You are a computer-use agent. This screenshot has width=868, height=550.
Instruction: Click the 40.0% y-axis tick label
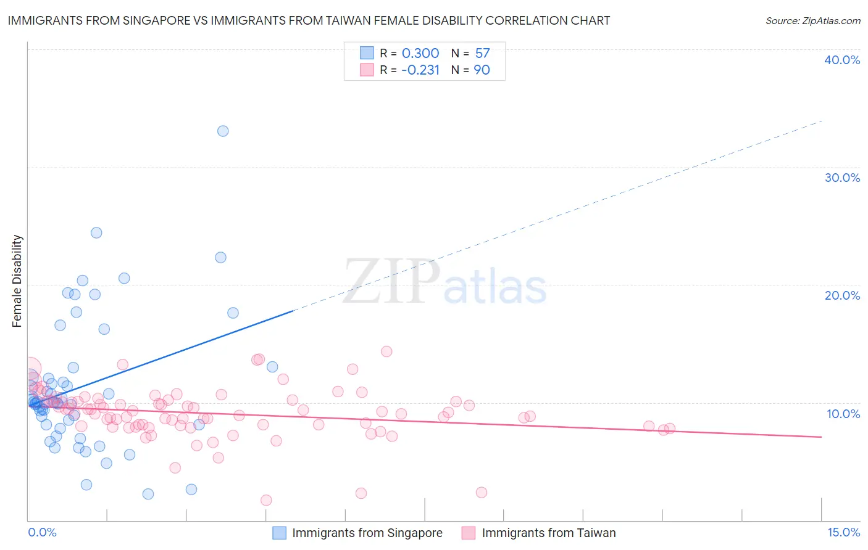point(841,60)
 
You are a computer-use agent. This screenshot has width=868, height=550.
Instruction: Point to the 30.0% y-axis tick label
point(841,178)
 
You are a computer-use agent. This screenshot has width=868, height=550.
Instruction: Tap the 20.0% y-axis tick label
point(841,295)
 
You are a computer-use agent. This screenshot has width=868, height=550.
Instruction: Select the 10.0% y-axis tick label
point(843,414)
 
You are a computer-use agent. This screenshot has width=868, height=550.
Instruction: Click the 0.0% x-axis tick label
point(42,532)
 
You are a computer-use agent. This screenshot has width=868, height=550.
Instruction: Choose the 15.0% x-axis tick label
point(843,532)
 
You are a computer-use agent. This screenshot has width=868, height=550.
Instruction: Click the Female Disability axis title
point(17,281)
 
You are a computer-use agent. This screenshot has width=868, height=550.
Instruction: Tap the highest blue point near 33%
point(223,131)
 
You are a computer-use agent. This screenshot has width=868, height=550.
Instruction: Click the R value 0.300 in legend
point(420,54)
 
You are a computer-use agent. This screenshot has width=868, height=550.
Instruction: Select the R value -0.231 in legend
point(420,70)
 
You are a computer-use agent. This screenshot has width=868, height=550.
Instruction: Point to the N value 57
point(482,54)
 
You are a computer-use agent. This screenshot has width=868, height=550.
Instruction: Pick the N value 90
point(482,70)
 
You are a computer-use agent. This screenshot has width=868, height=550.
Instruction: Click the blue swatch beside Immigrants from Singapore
point(280,533)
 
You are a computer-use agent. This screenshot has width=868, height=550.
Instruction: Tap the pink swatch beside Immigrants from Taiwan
point(469,533)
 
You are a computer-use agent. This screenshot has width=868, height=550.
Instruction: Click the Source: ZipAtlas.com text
point(812,21)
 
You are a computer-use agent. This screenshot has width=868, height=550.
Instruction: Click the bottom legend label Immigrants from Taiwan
point(548,533)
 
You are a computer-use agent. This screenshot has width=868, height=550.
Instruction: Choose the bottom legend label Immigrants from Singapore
point(367,533)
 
